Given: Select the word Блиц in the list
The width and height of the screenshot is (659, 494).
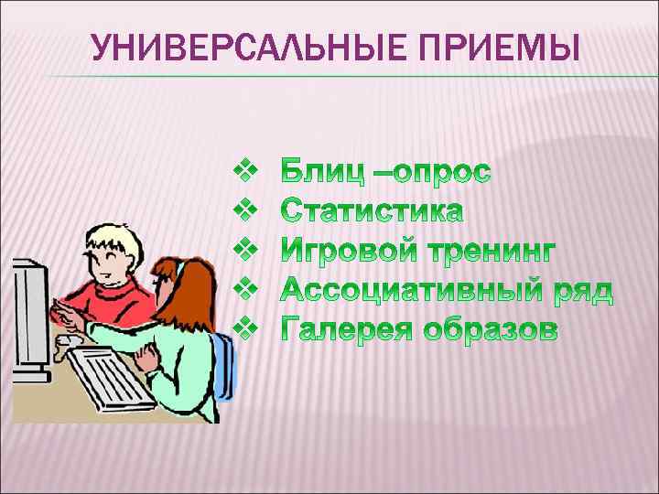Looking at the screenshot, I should tap(323, 171).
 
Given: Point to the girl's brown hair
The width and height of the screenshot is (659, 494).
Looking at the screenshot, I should tap(174, 279).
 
